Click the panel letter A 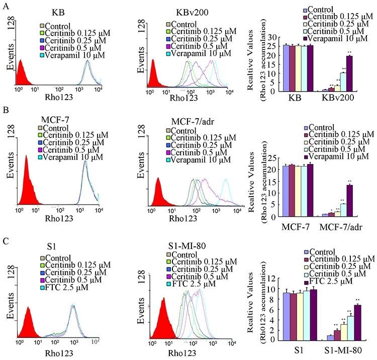point(5,5)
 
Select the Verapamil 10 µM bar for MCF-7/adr point(349,201)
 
